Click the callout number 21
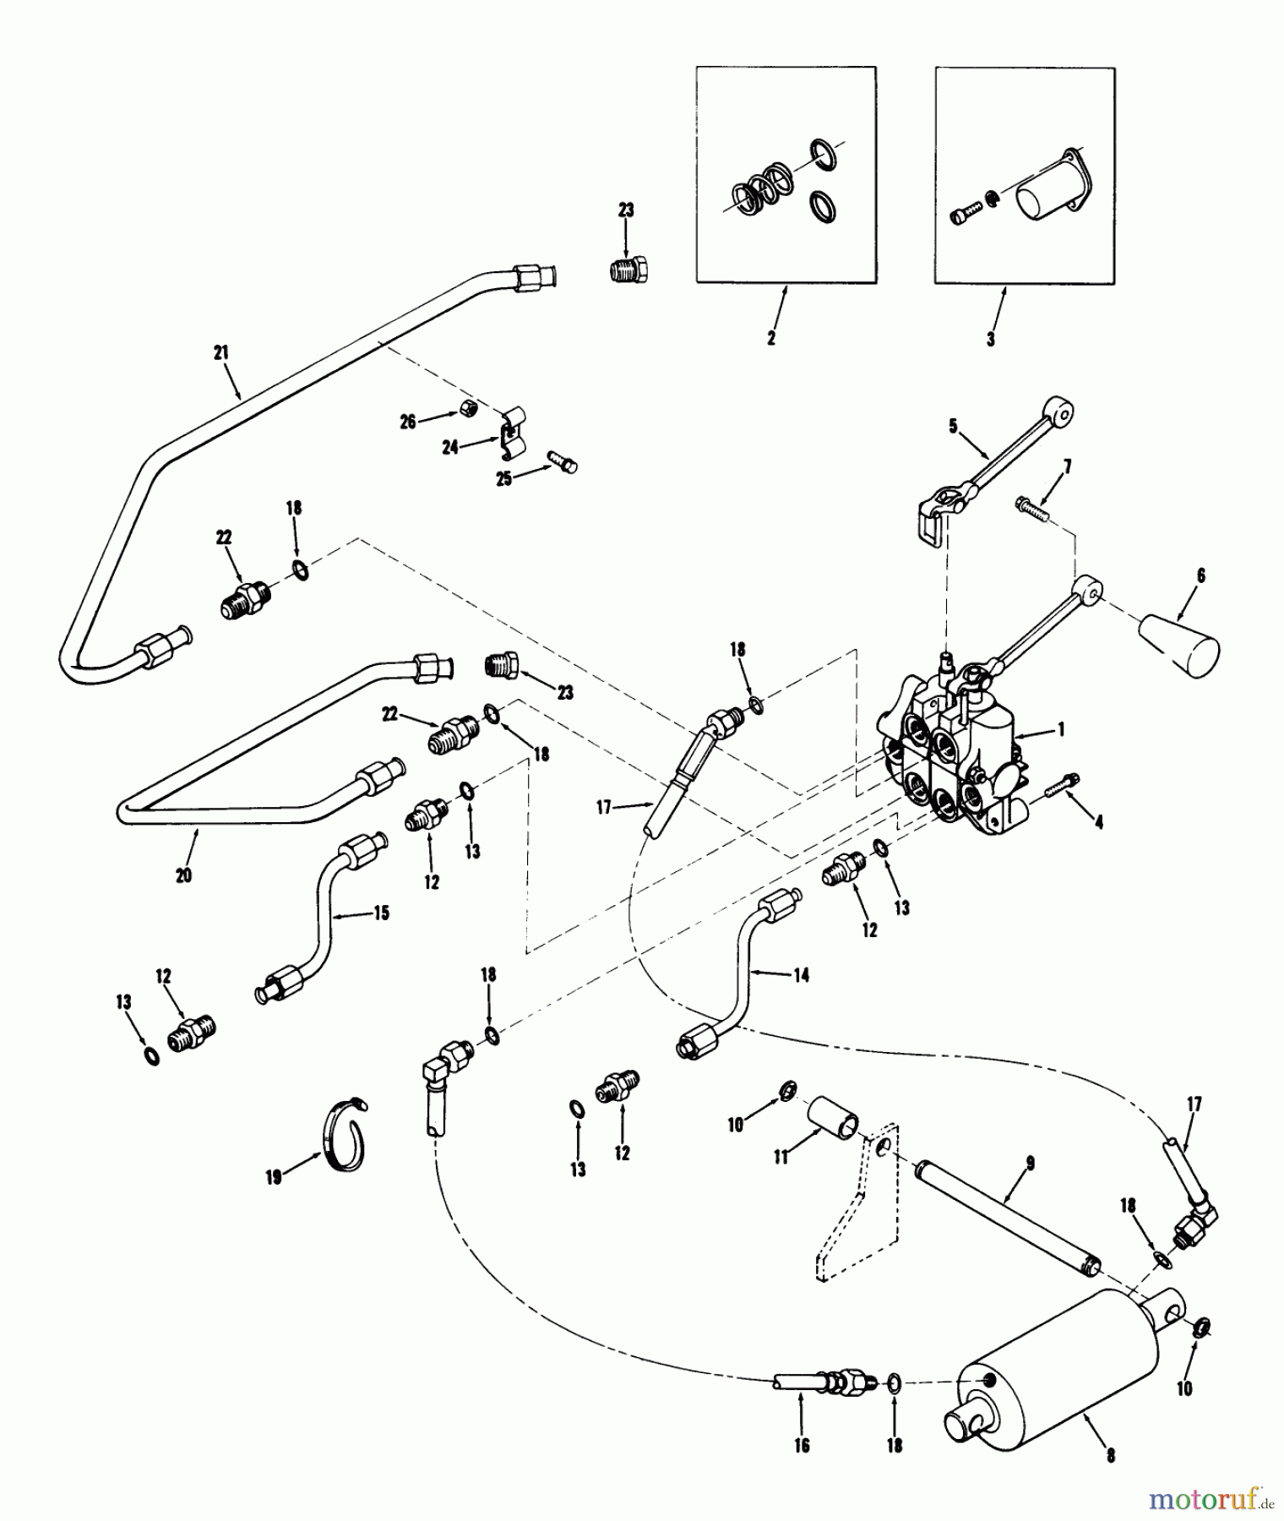pos(221,352)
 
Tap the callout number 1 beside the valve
pos(1062,728)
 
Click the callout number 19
pos(273,1177)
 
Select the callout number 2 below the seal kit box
pos(770,338)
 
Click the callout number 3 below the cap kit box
pos(991,338)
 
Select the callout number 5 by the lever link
pos(953,426)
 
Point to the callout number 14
pos(801,975)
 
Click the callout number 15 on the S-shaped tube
pos(382,913)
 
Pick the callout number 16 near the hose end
pos(802,1446)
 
